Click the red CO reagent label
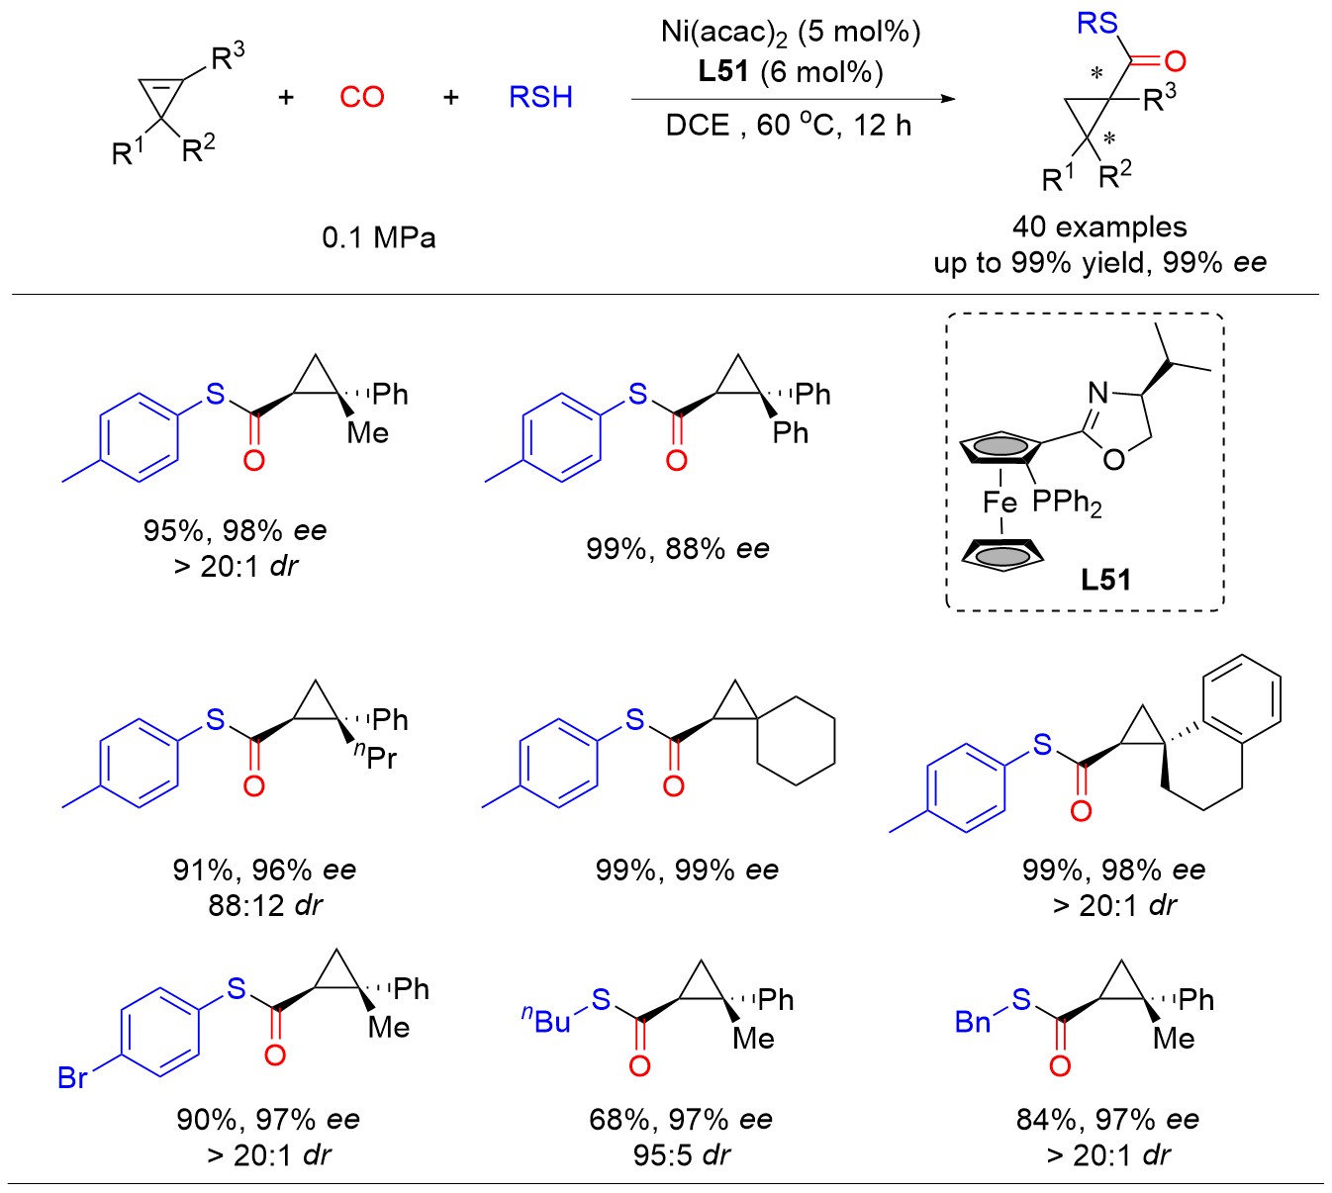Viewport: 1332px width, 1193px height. pos(361,97)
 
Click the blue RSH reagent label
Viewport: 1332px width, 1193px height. pos(540,97)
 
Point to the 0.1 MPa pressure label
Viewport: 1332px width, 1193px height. pos(379,237)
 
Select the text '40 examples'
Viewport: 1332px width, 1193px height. pos(1099,227)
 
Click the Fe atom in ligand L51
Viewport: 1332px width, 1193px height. pos(999,503)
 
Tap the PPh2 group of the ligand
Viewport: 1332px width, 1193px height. pos(1067,503)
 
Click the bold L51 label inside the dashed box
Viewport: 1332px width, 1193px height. pos(1105,580)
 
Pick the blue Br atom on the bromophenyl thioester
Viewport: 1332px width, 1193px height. pos(73,1076)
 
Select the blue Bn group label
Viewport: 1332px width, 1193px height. pos(973,1022)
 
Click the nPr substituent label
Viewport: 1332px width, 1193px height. pos(376,757)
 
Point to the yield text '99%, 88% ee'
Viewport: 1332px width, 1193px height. pos(678,548)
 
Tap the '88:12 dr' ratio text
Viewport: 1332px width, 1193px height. pos(265,905)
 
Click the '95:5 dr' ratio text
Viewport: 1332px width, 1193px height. pos(682,1154)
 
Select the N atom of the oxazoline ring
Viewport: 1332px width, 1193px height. pos(1098,394)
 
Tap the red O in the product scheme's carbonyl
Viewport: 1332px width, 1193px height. pos(1175,62)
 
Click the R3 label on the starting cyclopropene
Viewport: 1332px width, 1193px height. pos(228,57)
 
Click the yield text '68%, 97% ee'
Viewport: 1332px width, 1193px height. pos(681,1120)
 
